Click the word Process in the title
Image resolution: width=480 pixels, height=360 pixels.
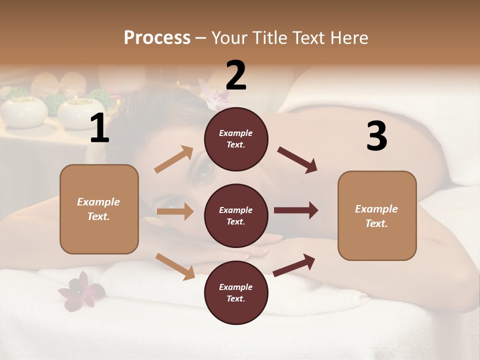tap(157, 37)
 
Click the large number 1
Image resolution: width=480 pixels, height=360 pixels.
tap(99, 128)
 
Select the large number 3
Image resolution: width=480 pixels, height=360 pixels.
tap(376, 136)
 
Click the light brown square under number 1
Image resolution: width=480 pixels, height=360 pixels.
tap(99, 209)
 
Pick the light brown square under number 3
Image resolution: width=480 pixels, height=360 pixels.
tap(377, 215)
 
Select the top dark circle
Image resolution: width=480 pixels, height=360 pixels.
tap(236, 139)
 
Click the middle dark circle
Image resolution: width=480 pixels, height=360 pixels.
tap(236, 215)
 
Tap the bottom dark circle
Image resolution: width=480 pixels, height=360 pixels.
tap(236, 292)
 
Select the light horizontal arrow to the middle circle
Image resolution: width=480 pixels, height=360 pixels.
tap(175, 211)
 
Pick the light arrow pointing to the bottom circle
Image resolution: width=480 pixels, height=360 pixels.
tap(175, 266)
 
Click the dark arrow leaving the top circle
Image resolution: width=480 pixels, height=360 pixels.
tap(297, 159)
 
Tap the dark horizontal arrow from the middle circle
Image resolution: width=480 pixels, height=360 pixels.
tap(296, 210)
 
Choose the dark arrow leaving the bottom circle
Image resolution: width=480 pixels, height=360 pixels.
tap(294, 265)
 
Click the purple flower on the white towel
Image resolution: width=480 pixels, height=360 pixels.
tap(80, 290)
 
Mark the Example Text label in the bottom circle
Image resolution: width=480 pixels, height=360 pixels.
tap(236, 292)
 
